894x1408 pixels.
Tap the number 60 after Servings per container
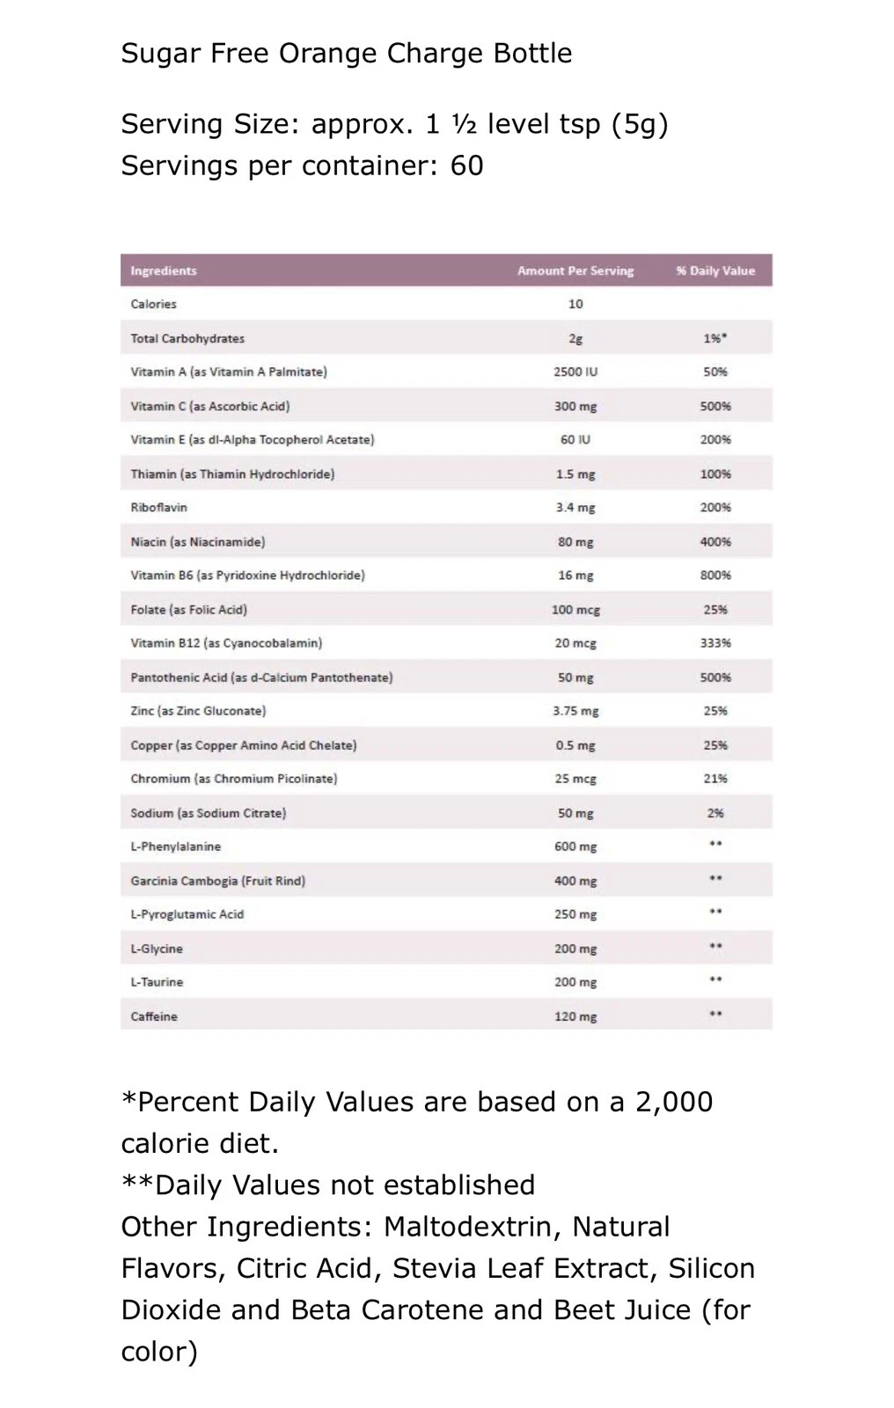coord(466,165)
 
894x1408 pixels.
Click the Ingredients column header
coord(164,271)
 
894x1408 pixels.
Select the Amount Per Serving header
coord(575,271)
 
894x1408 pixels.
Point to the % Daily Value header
coord(715,271)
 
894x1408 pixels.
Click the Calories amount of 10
coord(575,304)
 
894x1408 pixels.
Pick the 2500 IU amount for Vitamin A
coord(575,372)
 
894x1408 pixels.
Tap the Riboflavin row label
coord(158,508)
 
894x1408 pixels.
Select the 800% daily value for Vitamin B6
coord(715,576)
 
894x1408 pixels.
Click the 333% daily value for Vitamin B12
coord(715,643)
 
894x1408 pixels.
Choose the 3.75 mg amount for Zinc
coord(575,711)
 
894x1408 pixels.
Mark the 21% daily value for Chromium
coord(715,779)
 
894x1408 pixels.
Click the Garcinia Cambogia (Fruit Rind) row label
coord(217,881)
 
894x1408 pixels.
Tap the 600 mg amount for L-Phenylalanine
coord(575,847)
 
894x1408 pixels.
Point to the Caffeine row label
coord(154,1016)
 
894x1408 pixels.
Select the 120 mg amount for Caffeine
coord(575,1016)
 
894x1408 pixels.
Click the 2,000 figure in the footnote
coord(674,1102)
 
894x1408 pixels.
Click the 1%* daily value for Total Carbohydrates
coord(715,339)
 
